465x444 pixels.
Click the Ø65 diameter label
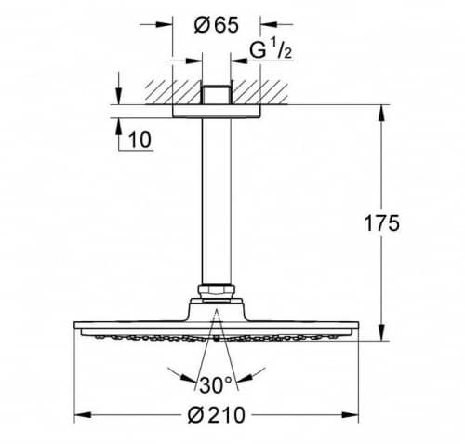tap(217, 25)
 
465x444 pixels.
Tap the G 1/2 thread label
tap(271, 50)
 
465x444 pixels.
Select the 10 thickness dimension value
tap(140, 140)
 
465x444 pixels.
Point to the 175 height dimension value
tap(381, 223)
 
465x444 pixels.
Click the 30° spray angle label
tap(216, 384)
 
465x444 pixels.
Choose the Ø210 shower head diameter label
tap(217, 415)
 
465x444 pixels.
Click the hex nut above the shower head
tap(216, 292)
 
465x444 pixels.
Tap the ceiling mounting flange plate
tap(217, 112)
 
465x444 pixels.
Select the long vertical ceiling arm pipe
tap(217, 201)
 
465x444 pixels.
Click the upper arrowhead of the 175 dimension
tap(381, 114)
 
